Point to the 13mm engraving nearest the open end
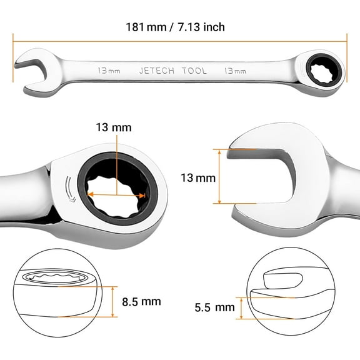coord(109,71)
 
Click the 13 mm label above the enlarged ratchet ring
coord(114,127)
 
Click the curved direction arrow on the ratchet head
coord(69,191)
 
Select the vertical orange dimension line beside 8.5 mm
coord(116,301)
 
